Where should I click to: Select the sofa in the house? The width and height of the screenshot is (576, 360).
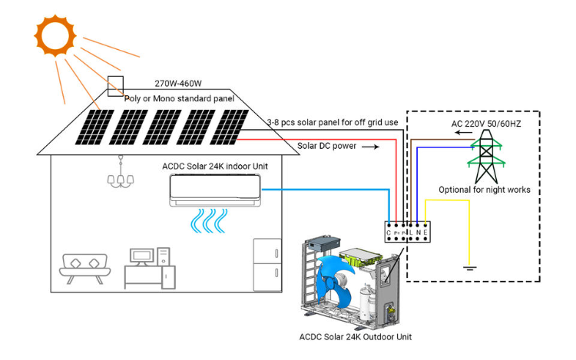(84, 265)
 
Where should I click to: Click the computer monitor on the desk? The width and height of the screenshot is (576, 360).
(142, 256)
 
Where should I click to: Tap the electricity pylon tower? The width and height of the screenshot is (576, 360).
(486, 154)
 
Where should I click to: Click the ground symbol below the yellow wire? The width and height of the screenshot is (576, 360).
(468, 268)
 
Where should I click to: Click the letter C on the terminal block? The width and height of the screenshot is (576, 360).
(389, 232)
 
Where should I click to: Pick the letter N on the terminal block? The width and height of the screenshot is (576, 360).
(419, 232)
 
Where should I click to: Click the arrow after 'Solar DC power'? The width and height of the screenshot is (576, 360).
(371, 147)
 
